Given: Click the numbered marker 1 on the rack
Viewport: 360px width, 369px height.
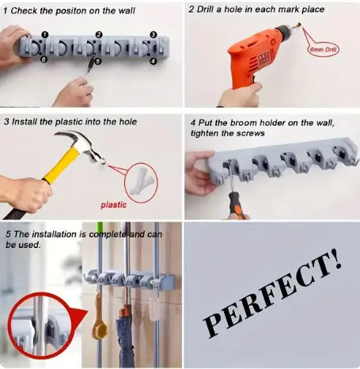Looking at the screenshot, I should [x=45, y=35].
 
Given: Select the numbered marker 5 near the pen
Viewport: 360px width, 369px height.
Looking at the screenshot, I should [x=97, y=61].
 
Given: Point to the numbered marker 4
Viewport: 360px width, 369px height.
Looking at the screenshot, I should [x=152, y=61].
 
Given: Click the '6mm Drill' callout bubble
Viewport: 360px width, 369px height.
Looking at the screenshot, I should [x=326, y=50].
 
